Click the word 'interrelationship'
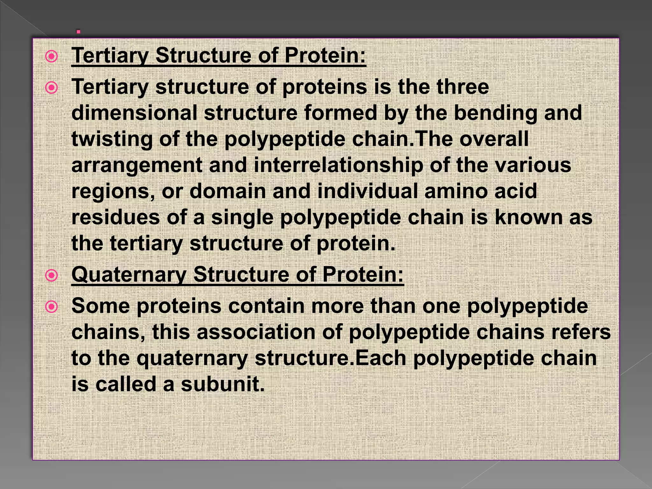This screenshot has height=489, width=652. (x=338, y=165)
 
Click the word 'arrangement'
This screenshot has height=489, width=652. (x=137, y=166)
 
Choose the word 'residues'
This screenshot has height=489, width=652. (x=116, y=217)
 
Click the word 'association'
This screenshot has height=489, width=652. (x=256, y=332)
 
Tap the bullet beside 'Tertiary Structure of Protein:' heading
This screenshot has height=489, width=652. (x=51, y=57)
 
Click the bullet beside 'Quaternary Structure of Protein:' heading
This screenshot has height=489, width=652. (x=51, y=275)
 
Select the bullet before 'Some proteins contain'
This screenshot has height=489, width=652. (x=51, y=307)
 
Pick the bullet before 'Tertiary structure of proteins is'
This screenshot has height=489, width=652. (x=51, y=88)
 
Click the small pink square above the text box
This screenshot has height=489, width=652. (x=78, y=32)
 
